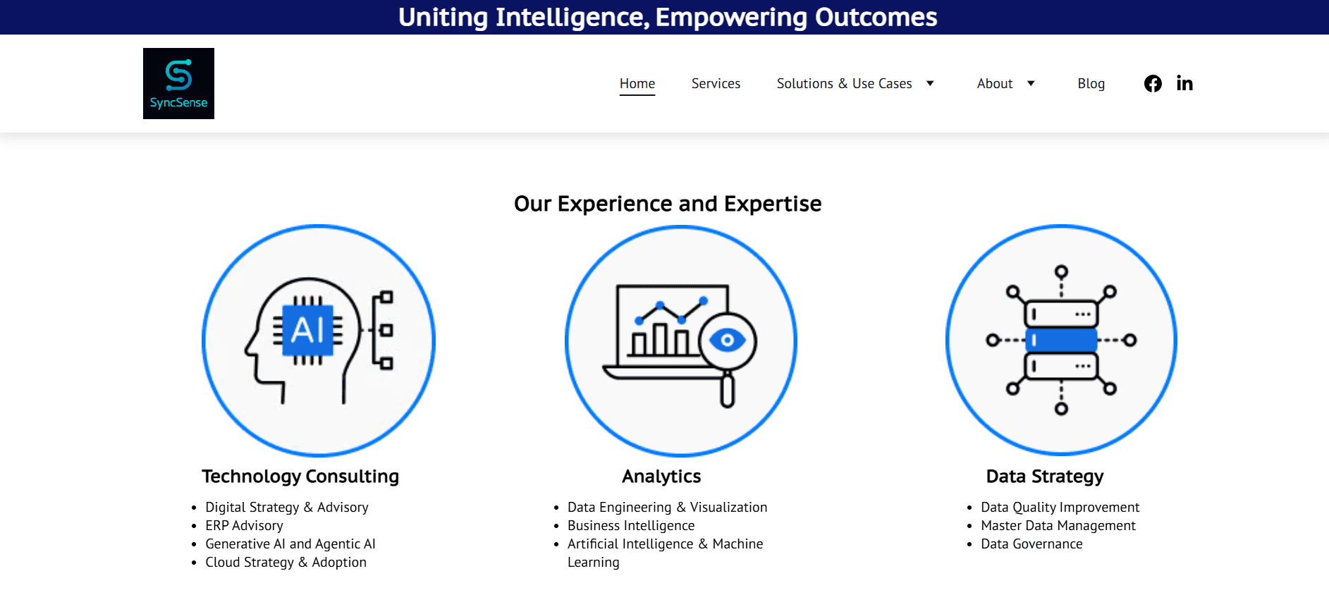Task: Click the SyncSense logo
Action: click(178, 83)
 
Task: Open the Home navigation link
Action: click(637, 83)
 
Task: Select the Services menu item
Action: click(716, 83)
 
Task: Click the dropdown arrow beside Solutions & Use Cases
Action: click(930, 83)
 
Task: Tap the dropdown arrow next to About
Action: click(1031, 83)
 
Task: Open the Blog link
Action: click(1091, 84)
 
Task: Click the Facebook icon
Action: click(1153, 84)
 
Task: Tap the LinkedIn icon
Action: click(1184, 84)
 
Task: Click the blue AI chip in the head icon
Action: click(308, 330)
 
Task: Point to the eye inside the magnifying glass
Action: click(727, 341)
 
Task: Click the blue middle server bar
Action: click(1061, 340)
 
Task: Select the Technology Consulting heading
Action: click(300, 477)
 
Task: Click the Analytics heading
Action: click(661, 477)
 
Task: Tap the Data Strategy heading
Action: click(1045, 477)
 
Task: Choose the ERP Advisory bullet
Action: click(244, 526)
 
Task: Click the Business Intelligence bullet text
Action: click(631, 526)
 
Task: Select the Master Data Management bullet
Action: click(1058, 526)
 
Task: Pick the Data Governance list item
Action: click(1031, 544)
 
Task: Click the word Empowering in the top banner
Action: click(731, 18)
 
